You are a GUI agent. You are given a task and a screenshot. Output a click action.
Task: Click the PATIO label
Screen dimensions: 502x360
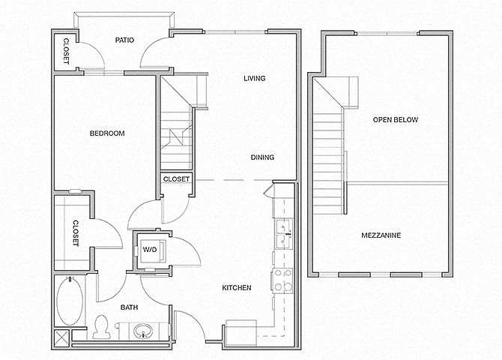pyautogui.click(x=124, y=40)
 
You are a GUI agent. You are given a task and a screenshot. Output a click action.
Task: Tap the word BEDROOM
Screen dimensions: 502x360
pyautogui.click(x=107, y=133)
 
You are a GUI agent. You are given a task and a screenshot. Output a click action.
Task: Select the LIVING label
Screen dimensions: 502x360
pyautogui.click(x=255, y=78)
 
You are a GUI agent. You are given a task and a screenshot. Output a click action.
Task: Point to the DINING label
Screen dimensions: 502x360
pyautogui.click(x=262, y=157)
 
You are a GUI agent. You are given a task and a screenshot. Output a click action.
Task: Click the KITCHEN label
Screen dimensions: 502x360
pyautogui.click(x=237, y=288)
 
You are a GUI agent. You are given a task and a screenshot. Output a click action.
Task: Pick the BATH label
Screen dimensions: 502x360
pyautogui.click(x=129, y=307)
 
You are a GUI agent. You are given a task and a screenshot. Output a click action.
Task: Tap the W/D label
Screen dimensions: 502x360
pyautogui.click(x=150, y=250)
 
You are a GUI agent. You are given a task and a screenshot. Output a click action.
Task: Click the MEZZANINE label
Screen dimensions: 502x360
pyautogui.click(x=381, y=235)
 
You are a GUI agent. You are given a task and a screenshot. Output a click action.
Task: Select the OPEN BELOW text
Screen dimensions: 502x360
pyautogui.click(x=396, y=120)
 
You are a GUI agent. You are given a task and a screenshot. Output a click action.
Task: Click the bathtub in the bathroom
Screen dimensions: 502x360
pyautogui.click(x=70, y=301)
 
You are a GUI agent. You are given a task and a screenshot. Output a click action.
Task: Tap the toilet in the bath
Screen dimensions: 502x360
pyautogui.click(x=101, y=327)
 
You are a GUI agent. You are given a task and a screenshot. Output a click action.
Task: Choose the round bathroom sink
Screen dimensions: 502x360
pyautogui.click(x=143, y=331)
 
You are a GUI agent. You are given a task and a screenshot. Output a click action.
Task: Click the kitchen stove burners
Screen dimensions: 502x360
pyautogui.click(x=282, y=280)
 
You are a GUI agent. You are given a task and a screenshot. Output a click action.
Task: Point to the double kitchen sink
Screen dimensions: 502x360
pyautogui.click(x=283, y=234)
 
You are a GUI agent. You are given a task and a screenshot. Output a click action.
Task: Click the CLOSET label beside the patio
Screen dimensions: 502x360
pyautogui.click(x=66, y=51)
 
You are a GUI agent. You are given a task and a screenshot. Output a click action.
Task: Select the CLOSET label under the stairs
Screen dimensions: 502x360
pyautogui.click(x=176, y=179)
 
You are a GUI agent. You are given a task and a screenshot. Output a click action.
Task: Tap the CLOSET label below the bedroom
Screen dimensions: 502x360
pyautogui.click(x=76, y=233)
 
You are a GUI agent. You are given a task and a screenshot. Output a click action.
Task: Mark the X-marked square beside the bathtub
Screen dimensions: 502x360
pyautogui.click(x=61, y=338)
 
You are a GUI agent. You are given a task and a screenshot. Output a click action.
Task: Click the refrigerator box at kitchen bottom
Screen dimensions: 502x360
pyautogui.click(x=241, y=333)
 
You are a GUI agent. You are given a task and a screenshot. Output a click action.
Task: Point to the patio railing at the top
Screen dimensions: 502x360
pyautogui.click(x=124, y=15)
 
